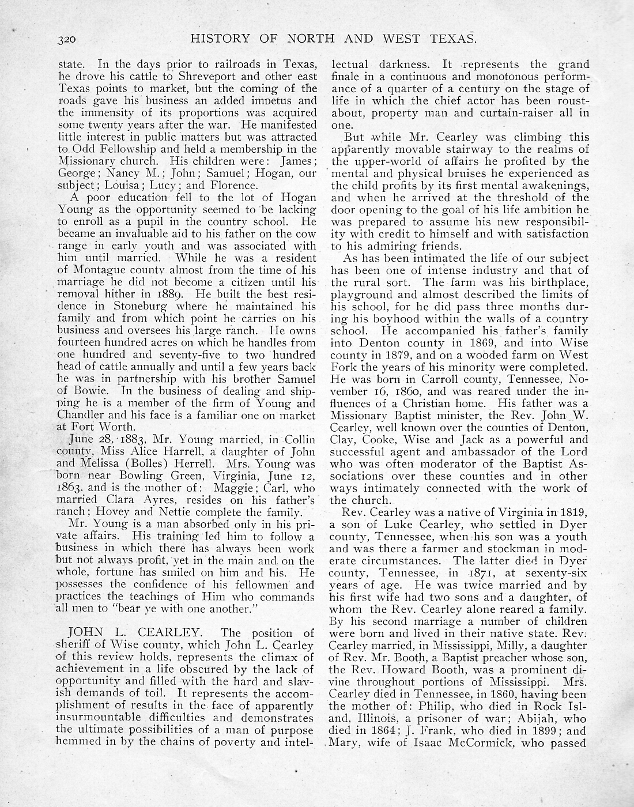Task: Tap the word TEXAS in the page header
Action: click(x=452, y=39)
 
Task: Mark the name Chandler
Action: click(x=82, y=415)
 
